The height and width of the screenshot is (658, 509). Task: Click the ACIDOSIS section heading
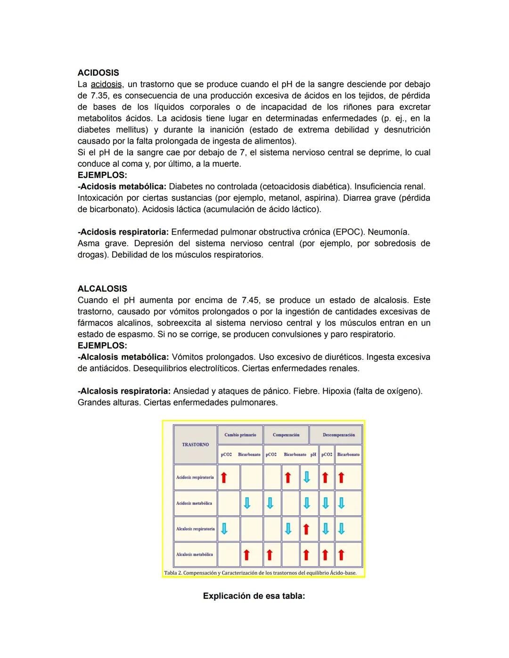(x=98, y=73)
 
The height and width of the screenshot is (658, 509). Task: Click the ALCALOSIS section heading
(x=102, y=289)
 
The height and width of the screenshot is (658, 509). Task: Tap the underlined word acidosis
(x=106, y=84)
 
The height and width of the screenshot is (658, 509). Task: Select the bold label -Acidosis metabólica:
(x=122, y=187)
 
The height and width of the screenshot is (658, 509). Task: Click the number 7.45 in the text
(x=250, y=300)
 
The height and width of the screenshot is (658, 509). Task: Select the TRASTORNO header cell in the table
(x=195, y=445)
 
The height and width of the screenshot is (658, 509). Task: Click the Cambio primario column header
(x=240, y=435)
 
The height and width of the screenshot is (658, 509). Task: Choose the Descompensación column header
(x=338, y=435)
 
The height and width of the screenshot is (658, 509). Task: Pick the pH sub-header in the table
(x=313, y=455)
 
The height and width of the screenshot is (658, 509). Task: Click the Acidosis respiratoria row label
(x=195, y=477)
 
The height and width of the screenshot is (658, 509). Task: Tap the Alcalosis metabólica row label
(x=194, y=554)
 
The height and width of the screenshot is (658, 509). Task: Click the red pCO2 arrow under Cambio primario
(x=224, y=478)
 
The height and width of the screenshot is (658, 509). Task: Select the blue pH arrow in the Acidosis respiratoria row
(x=306, y=478)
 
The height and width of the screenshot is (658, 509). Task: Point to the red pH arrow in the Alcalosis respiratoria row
(x=306, y=529)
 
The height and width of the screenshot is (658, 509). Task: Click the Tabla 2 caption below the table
(x=260, y=573)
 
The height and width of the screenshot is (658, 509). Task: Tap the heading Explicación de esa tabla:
(x=254, y=596)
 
